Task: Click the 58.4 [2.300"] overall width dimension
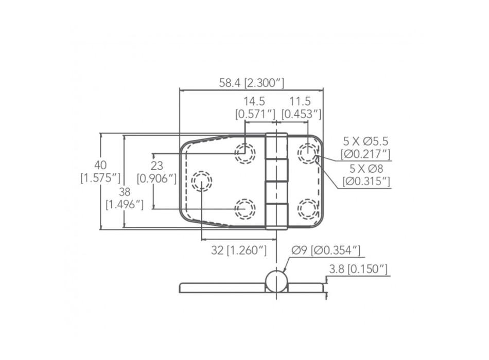point(251,82)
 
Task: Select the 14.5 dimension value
point(255,101)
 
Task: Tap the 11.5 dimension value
point(300,101)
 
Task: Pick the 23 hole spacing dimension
point(157,166)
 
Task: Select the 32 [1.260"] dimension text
point(239,250)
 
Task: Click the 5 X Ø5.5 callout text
point(366,141)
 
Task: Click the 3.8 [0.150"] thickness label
point(358,268)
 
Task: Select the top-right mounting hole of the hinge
point(308,153)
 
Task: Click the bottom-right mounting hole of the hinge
point(308,208)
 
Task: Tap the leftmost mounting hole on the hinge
point(201,181)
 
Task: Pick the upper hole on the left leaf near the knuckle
point(245,153)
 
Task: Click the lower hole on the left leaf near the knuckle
point(245,208)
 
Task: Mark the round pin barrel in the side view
point(276,281)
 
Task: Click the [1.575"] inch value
point(100,178)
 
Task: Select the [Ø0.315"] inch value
point(366,181)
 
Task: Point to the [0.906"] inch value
point(157,178)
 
